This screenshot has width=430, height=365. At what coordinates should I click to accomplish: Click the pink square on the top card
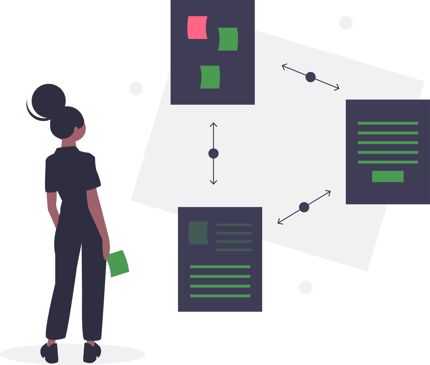coord(197,27)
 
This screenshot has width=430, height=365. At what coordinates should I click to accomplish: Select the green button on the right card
coord(388,176)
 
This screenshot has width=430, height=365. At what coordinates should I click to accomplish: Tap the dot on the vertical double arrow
coord(213,153)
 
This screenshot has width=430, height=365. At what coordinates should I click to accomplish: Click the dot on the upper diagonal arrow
coord(310,77)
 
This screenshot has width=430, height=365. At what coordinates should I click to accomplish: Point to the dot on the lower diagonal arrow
coord(304,207)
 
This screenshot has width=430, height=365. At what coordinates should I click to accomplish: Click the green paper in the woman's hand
coord(118,263)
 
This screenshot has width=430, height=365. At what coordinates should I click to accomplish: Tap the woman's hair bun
coord(49,101)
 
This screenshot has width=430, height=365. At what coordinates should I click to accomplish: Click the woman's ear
coord(76,130)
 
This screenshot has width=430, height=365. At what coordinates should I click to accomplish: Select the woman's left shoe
coord(50,353)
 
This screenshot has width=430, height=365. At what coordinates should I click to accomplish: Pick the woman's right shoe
coord(92,352)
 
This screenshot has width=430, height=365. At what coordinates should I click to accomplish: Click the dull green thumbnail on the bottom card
coord(198,233)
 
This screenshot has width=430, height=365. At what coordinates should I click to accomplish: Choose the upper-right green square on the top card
coord(228,39)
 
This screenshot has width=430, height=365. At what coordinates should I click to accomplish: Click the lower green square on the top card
coord(210,77)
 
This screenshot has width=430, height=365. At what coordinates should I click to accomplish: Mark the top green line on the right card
coord(388,123)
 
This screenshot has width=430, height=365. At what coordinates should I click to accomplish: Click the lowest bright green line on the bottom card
coord(220,296)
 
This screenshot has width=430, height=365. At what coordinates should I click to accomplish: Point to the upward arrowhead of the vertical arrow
coord(213,125)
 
